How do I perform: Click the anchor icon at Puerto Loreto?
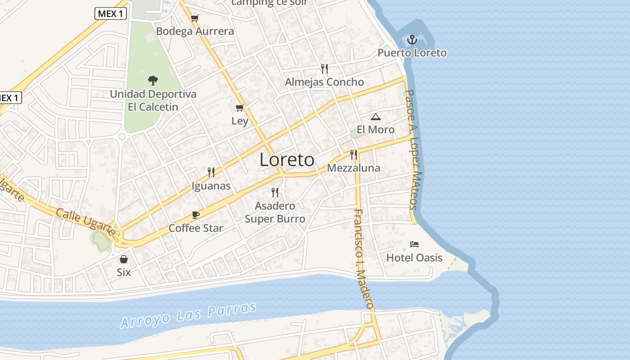[412, 40]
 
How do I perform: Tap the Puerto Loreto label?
[412, 53]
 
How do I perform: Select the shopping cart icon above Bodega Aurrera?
[195, 18]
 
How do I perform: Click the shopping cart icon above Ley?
[240, 108]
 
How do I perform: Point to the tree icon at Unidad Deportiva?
[153, 81]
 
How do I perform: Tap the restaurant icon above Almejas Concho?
[324, 68]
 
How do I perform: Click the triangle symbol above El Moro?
[376, 117]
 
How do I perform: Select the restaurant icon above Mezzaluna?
[354, 155]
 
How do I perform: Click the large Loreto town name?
[287, 160]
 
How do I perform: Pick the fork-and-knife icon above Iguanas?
[211, 172]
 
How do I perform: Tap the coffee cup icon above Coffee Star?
[196, 215]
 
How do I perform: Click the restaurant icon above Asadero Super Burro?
[275, 193]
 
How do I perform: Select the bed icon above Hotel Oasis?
[414, 244]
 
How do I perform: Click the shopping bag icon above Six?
[124, 259]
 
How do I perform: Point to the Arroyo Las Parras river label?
[189, 315]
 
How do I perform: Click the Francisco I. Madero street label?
[364, 259]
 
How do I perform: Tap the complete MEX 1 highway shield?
[111, 13]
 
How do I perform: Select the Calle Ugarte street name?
[85, 221]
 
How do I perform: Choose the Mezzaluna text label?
[354, 168]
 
